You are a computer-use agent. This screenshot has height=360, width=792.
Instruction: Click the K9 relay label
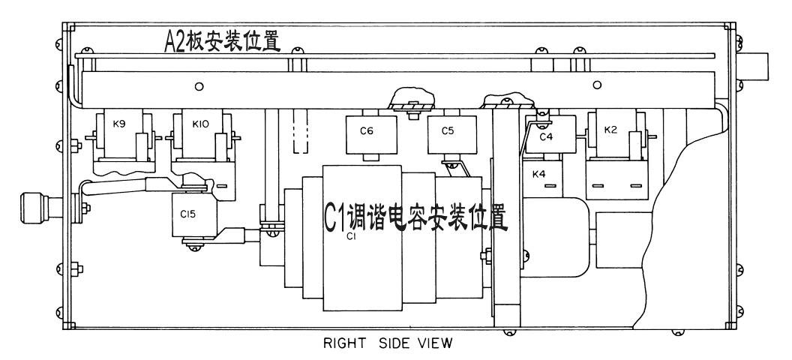pyautogui.click(x=119, y=124)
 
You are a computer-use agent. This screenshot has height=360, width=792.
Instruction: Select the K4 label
pyautogui.click(x=539, y=175)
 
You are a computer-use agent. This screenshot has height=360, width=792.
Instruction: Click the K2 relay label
pyautogui.click(x=611, y=130)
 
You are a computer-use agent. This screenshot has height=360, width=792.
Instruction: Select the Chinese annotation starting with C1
pyautogui.click(x=415, y=214)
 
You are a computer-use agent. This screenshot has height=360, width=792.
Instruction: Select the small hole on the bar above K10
pyautogui.click(x=199, y=87)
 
